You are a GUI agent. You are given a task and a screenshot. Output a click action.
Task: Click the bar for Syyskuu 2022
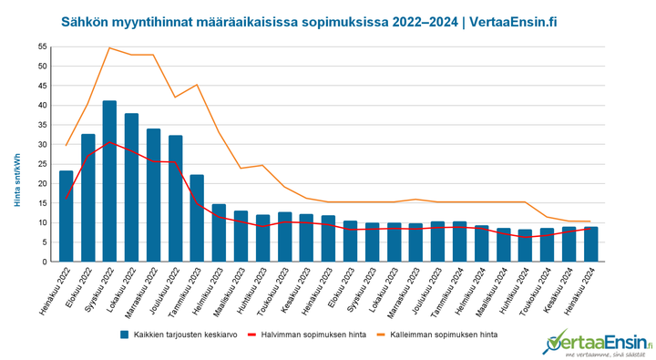point(109,181)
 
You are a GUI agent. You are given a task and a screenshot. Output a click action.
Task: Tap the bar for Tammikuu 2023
point(197,218)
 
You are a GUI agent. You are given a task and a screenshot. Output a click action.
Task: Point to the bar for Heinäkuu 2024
point(590,244)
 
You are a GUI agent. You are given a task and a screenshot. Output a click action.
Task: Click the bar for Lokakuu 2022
point(131,188)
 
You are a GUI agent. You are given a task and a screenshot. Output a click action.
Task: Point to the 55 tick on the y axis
point(41,46)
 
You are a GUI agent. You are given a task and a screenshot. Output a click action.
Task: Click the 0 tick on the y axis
point(44,262)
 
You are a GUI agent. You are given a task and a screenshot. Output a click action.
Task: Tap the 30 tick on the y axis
point(41,144)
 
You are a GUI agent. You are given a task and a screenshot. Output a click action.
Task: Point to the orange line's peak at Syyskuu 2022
point(109,47)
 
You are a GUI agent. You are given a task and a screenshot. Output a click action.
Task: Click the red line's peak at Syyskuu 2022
point(109,142)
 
